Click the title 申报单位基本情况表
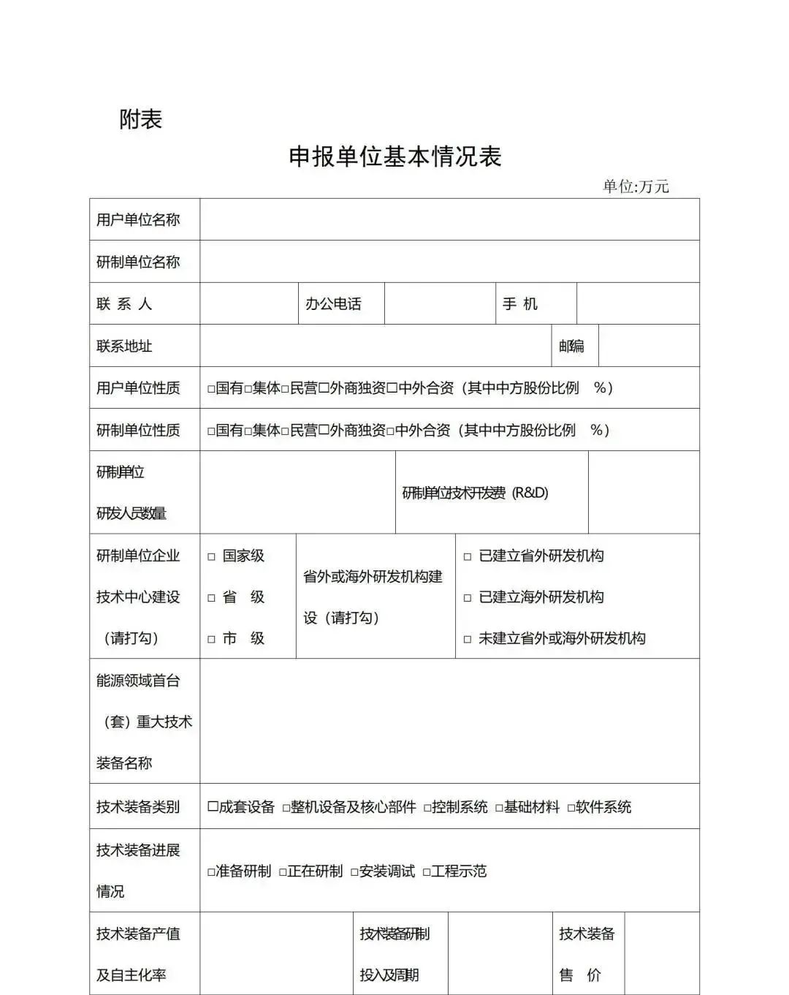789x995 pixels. tap(394, 156)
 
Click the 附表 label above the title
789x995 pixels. tap(140, 119)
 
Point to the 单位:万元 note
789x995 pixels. tap(635, 186)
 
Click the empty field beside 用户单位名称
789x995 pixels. tap(449, 219)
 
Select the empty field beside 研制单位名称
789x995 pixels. tap(449, 262)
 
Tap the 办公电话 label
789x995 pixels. tap(333, 304)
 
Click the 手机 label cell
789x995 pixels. tap(520, 304)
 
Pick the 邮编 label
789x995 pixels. tap(571, 347)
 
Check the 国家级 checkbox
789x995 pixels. tap(211, 557)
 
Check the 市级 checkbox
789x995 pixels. tap(211, 640)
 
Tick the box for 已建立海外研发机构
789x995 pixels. tap(468, 598)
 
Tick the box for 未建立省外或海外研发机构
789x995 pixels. tap(468, 640)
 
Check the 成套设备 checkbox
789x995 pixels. tap(213, 807)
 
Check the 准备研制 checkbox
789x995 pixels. tap(211, 872)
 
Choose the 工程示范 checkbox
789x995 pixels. tap(427, 872)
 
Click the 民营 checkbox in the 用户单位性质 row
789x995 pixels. tap(286, 389)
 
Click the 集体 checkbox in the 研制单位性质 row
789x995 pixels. tap(248, 431)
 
